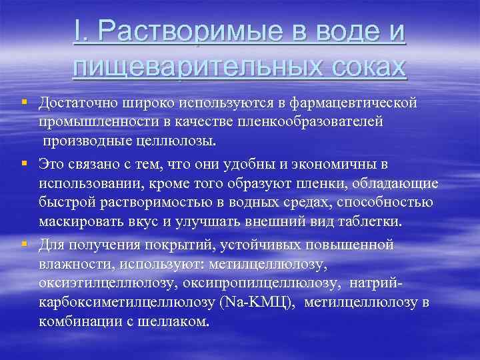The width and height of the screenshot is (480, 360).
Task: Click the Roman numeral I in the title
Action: coord(78,33)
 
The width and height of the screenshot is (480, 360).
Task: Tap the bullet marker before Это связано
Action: coord(23,163)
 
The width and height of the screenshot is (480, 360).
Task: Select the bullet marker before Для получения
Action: coord(23,245)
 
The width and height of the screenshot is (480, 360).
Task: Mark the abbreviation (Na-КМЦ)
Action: coord(257,304)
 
